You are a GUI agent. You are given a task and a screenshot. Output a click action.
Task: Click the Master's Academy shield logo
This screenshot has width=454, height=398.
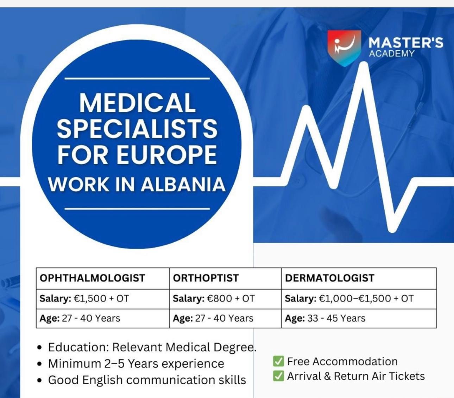(344, 47)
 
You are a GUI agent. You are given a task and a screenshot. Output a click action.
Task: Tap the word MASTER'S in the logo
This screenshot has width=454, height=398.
(405, 43)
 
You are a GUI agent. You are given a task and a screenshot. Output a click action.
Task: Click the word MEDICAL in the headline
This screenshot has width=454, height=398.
(137, 103)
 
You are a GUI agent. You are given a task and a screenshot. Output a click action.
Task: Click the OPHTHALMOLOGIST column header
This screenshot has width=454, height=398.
(92, 278)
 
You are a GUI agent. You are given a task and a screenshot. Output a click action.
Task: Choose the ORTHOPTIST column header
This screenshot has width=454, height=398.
(206, 278)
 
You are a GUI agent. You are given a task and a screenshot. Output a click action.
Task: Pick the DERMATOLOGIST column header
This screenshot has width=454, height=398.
(329, 278)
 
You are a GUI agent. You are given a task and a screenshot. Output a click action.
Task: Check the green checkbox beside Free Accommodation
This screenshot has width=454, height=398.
(278, 361)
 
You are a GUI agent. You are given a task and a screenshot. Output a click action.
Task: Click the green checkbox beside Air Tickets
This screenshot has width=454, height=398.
(278, 376)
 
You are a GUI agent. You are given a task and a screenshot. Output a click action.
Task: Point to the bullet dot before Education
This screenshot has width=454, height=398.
(40, 347)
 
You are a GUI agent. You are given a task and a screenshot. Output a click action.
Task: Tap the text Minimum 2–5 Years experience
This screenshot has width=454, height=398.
(136, 364)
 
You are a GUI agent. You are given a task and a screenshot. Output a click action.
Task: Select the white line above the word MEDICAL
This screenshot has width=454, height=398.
(137, 78)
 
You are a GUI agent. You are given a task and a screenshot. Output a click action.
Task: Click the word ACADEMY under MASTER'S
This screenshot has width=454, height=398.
(392, 54)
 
